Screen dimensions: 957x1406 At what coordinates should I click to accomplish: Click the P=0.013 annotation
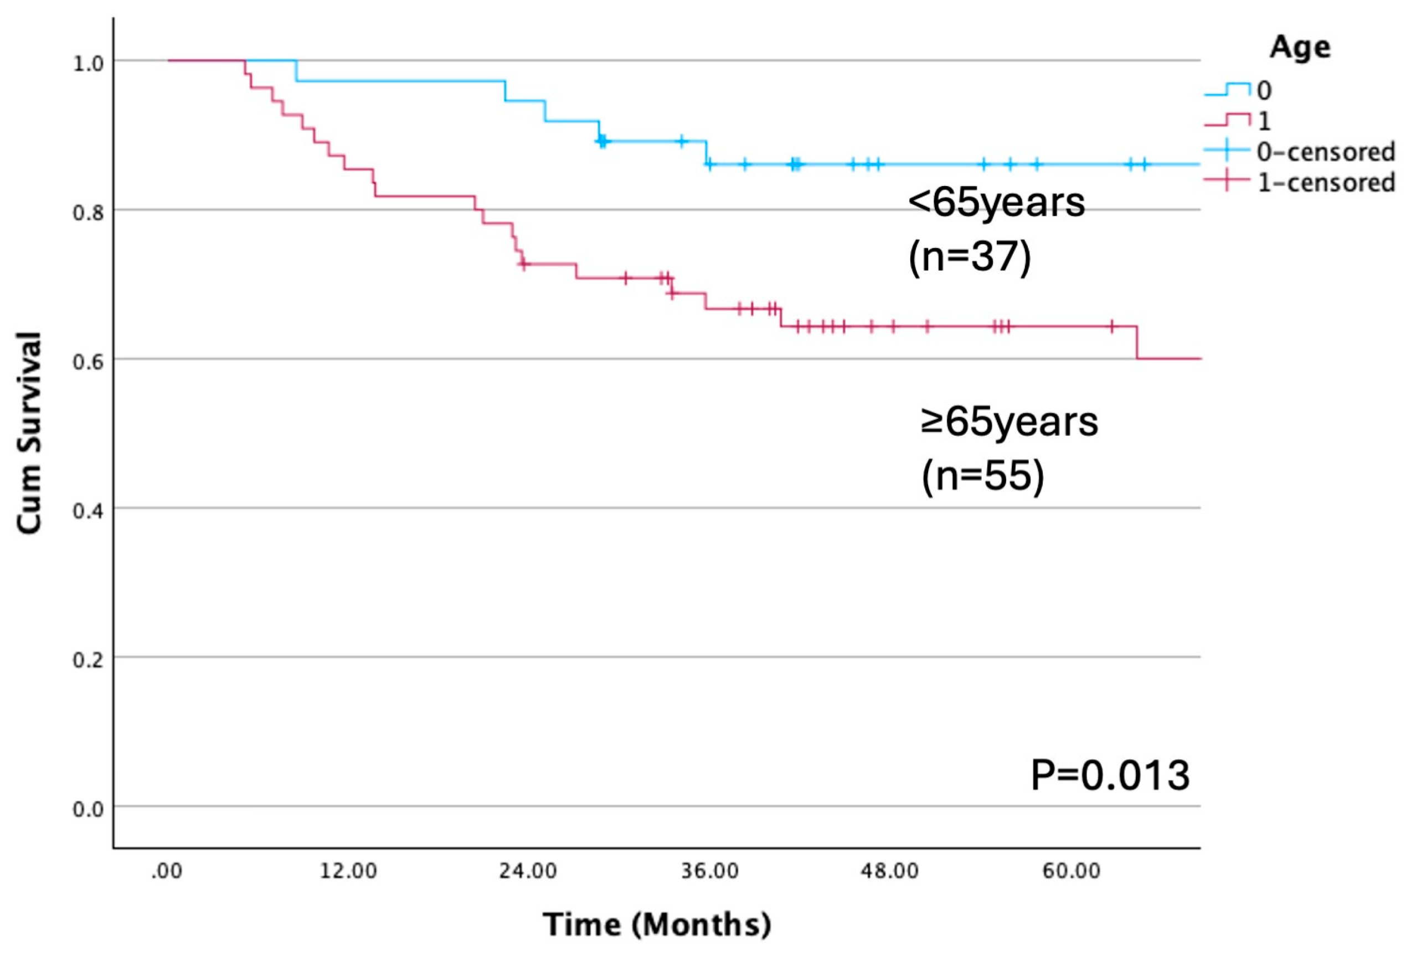pos(1110,776)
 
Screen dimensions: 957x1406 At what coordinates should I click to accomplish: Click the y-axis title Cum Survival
pos(28,433)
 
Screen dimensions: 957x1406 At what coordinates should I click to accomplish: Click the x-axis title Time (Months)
pos(656,924)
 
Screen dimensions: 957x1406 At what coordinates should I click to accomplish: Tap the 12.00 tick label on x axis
pos(348,872)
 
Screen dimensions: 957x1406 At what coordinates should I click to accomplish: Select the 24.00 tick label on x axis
pos(528,872)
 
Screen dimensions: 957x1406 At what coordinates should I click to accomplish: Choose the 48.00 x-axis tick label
pos(890,872)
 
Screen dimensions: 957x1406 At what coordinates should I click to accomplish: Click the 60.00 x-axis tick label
pos(1071,872)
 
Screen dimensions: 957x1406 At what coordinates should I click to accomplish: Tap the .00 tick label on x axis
pos(166,872)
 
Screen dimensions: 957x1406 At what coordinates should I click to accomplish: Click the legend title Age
pos(1300,47)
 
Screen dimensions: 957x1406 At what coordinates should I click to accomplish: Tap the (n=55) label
pos(982,476)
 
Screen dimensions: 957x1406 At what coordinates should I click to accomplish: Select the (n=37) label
pos(970,256)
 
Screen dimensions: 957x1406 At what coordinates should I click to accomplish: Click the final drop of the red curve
pos(1137,343)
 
